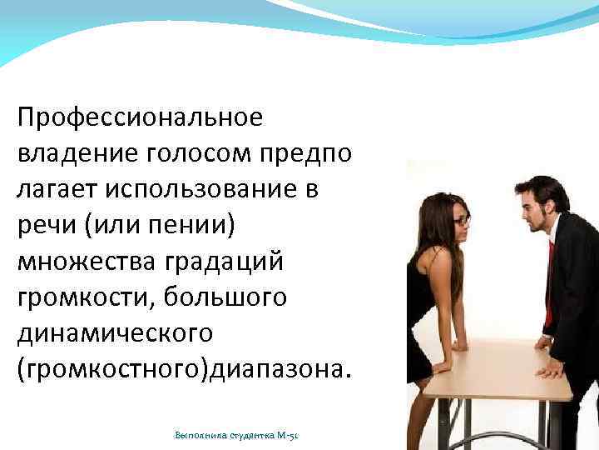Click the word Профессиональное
140,117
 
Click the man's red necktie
549,275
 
